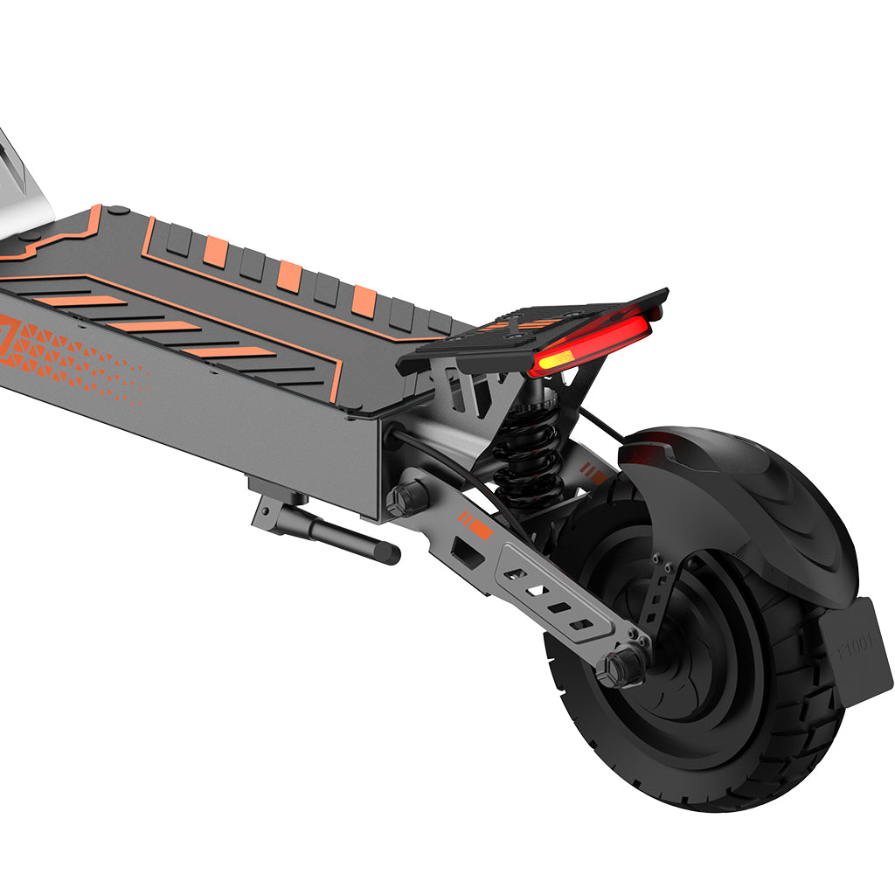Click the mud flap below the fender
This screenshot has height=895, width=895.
tap(857, 647)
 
